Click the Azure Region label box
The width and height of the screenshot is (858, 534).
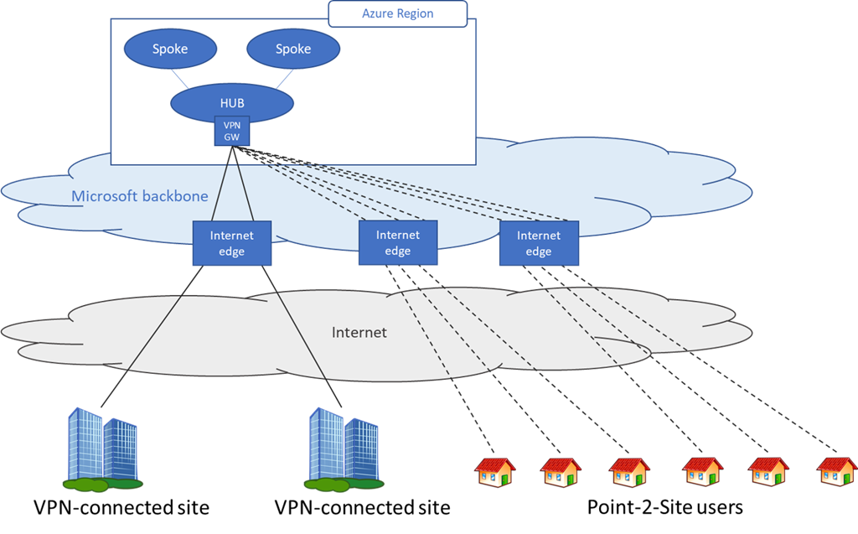pyautogui.click(x=397, y=13)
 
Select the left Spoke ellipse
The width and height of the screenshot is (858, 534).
pyautogui.click(x=170, y=49)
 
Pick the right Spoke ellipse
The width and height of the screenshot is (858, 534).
pyautogui.click(x=293, y=49)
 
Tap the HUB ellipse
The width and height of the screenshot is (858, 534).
pyautogui.click(x=232, y=102)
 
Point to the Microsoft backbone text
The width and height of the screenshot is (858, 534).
pyautogui.click(x=139, y=197)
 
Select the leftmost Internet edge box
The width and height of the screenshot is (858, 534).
pyautogui.click(x=231, y=243)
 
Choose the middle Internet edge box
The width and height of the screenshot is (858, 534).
pyautogui.click(x=397, y=243)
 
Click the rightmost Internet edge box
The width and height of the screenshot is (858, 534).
pyautogui.click(x=538, y=243)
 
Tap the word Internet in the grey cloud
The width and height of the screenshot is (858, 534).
pyautogui.click(x=359, y=333)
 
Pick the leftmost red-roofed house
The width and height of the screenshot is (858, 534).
pyautogui.click(x=495, y=472)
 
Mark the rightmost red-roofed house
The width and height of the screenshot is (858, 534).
pyautogui.click(x=836, y=471)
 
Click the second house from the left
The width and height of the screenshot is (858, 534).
pyautogui.click(x=561, y=472)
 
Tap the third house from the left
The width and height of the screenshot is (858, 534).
pyautogui.click(x=629, y=472)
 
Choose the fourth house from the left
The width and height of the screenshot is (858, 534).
pyautogui.click(x=702, y=472)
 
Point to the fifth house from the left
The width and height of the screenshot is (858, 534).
pyautogui.click(x=768, y=472)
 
